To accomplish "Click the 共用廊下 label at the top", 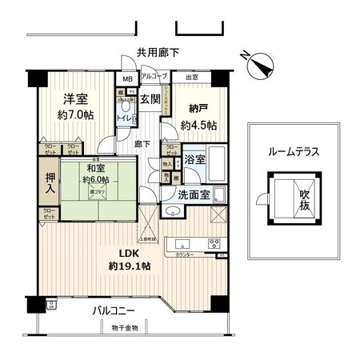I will (158, 52).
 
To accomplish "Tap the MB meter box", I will (126, 78).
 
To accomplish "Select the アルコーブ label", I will (153, 77).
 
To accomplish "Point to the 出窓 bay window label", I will (191, 77).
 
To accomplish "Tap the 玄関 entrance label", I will (150, 100).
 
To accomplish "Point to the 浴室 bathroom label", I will (194, 159).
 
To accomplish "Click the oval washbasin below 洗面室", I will (171, 212).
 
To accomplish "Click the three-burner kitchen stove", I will (213, 244).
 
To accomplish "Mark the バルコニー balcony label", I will (111, 310).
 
